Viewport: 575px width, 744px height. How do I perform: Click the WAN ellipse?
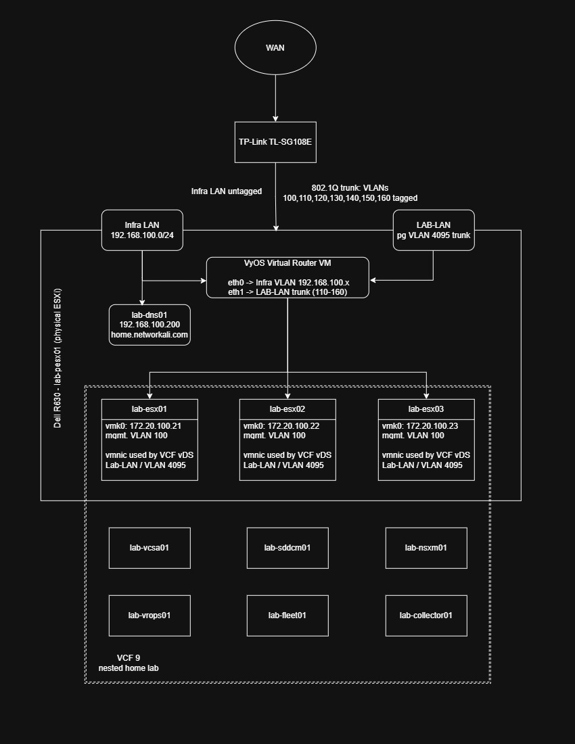[x=275, y=47]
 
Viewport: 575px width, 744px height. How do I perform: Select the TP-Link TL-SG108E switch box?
[x=275, y=142]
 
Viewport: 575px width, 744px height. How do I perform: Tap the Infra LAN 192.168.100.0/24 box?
[x=142, y=230]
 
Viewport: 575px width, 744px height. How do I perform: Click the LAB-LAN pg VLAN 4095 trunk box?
[x=434, y=230]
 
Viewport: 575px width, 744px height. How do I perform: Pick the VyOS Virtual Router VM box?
[x=287, y=277]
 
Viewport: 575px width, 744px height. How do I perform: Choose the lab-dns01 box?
[x=149, y=325]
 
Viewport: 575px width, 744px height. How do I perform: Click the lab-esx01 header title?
[x=149, y=409]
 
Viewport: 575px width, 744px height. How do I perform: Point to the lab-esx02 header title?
[x=287, y=409]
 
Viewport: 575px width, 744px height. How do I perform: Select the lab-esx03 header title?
[x=426, y=409]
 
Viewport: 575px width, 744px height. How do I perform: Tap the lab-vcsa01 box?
[x=149, y=548]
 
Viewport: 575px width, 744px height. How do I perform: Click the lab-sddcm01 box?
[x=287, y=548]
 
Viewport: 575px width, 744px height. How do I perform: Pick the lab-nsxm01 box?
[x=426, y=548]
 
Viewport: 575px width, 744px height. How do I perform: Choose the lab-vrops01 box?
[x=149, y=615]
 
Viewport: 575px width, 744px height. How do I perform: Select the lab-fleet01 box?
[x=287, y=615]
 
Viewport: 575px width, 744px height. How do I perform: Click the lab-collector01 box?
[x=426, y=615]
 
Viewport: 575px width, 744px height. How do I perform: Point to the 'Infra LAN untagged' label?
[x=227, y=191]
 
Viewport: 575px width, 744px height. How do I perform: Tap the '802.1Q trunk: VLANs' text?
[x=350, y=188]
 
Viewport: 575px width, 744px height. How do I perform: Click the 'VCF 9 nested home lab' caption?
[x=129, y=663]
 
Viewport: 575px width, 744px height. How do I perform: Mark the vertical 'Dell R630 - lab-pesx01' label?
[x=57, y=358]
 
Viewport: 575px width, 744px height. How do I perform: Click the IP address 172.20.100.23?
[x=432, y=426]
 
